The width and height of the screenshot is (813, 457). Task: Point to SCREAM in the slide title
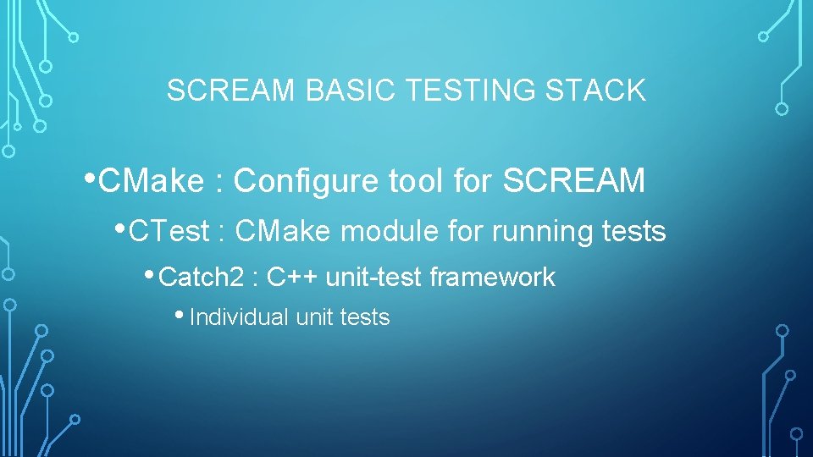tap(231, 91)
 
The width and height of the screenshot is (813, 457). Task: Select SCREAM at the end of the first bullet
tap(574, 180)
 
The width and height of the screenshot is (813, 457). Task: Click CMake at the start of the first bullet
tap(152, 180)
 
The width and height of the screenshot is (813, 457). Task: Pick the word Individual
tap(240, 317)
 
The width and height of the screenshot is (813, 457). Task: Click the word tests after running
tap(634, 231)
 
